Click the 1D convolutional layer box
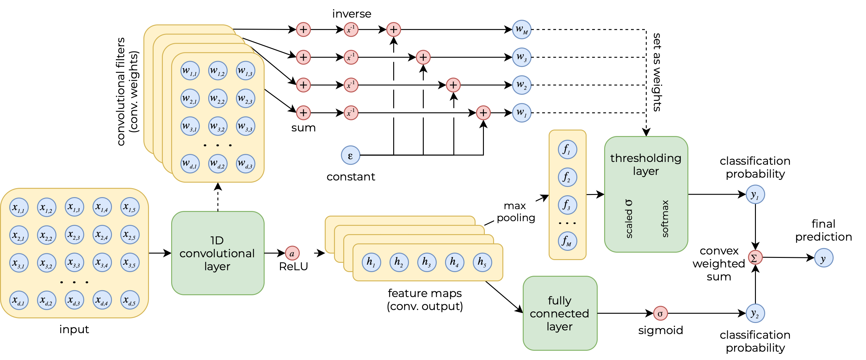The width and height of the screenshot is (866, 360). (217, 253)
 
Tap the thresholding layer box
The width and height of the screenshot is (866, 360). (646, 194)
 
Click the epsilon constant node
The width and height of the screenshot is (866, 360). (350, 155)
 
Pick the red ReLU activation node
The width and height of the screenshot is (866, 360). (292, 253)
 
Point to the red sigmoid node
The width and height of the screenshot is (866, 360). (660, 313)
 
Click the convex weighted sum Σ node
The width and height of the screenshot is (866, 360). (755, 258)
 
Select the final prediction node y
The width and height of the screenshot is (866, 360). (823, 258)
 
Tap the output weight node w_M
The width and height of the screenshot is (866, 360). (522, 30)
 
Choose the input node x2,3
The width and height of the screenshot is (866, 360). (74, 235)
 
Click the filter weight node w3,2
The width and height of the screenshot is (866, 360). (217, 126)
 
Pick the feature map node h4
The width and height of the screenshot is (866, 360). (455, 262)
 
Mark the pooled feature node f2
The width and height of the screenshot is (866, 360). (567, 177)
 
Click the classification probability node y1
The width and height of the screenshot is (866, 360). (755, 194)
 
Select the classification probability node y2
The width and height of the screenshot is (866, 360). (755, 313)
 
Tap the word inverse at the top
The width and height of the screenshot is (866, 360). (352, 14)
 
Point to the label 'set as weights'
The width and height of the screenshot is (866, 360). (657, 72)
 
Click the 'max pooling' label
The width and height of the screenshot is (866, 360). (516, 212)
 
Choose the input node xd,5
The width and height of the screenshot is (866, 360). (130, 300)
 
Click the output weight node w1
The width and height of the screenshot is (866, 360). (522, 113)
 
